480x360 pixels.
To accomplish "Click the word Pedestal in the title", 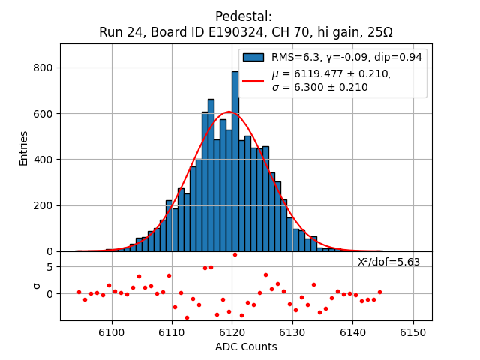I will tap(244, 16).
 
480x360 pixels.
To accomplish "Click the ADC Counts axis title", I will tap(246, 346).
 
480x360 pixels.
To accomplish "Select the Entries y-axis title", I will tap(24, 148).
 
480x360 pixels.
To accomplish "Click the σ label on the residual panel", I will tap(36, 286).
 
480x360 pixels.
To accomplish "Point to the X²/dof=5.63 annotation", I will tap(388, 262).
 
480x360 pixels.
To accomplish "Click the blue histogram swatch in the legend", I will tap(253, 57).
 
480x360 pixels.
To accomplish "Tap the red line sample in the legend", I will tap(253, 80).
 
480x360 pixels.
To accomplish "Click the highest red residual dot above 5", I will tap(235, 254).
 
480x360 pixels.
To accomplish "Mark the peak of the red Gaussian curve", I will tap(230, 112).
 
